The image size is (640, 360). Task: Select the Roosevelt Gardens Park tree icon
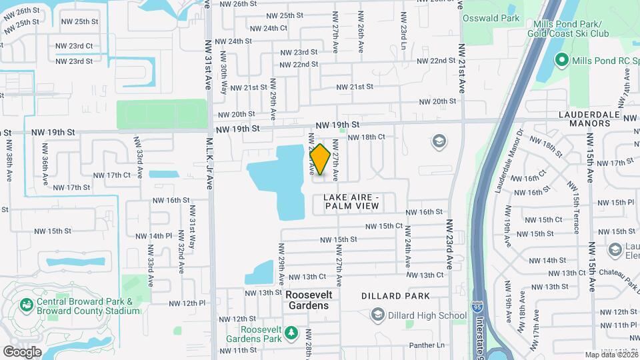[291, 333]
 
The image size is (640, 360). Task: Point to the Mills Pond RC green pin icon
[561, 61]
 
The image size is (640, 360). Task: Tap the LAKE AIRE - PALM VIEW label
[351, 202]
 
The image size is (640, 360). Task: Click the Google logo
[22, 351]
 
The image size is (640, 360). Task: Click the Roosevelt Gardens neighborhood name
[307, 300]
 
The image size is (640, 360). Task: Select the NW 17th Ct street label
[110, 175]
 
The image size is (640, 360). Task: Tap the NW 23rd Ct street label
[74, 45]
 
